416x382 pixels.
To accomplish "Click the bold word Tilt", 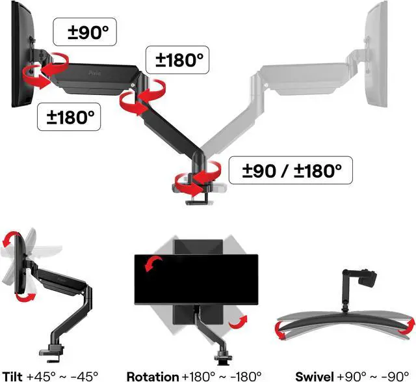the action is (x=12, y=375).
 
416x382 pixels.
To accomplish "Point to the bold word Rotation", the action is (x=152, y=375).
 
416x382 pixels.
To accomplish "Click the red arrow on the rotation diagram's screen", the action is (x=153, y=262).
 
